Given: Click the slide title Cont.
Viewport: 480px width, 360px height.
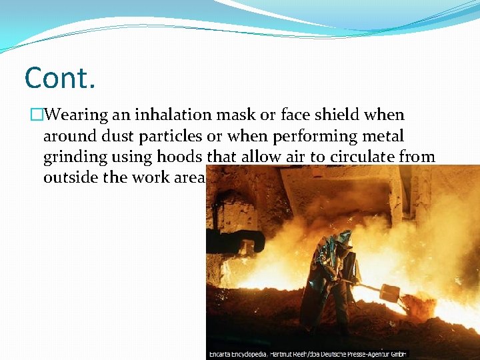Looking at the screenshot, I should coord(60,79).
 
